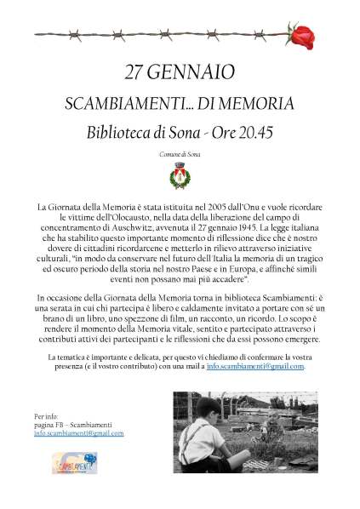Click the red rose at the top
pos(302,36)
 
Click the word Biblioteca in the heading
pos(122,133)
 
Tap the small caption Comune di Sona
pos(180,154)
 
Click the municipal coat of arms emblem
pos(180,176)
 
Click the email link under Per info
pos(78,433)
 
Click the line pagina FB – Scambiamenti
pos(75,425)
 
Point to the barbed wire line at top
pos(162,35)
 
